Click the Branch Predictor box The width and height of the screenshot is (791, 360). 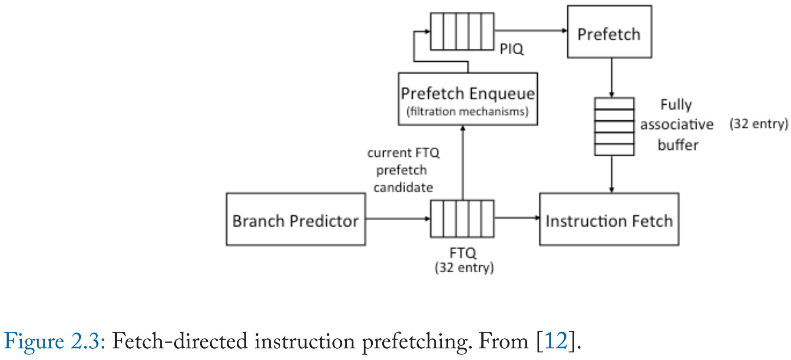(x=295, y=219)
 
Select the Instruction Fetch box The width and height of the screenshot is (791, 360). (x=609, y=219)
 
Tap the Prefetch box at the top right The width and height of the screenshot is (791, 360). (x=609, y=32)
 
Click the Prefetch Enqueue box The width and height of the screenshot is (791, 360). (x=467, y=99)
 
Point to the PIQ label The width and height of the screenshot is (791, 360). (x=511, y=49)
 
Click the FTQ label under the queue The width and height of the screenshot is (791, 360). (x=463, y=253)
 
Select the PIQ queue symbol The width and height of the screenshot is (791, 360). (x=462, y=31)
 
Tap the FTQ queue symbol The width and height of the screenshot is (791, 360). (x=462, y=218)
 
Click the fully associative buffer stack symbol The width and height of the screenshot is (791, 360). (x=614, y=126)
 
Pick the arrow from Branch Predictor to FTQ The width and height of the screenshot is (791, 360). (x=397, y=218)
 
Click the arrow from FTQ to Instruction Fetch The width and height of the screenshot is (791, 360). (x=516, y=218)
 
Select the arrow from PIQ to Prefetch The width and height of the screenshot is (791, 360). (x=530, y=30)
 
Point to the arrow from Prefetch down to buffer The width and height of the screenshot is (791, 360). (x=611, y=77)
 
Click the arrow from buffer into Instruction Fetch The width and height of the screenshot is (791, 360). (x=611, y=174)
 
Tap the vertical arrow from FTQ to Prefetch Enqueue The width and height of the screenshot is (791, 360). (x=463, y=163)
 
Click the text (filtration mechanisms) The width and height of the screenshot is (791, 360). (x=467, y=112)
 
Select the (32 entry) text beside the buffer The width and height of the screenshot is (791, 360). (x=758, y=124)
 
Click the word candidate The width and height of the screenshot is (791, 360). (x=403, y=188)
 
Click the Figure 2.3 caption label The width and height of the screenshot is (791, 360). (x=55, y=341)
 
